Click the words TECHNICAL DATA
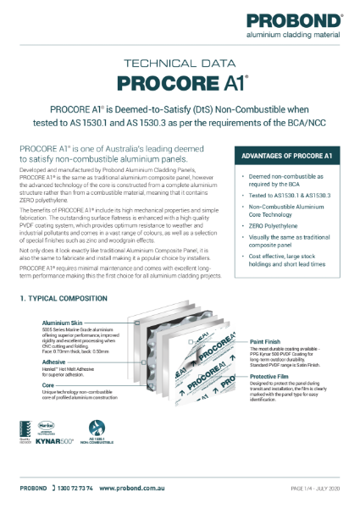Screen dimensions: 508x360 [x=180, y=64]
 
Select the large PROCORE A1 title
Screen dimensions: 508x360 [x=180, y=83]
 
